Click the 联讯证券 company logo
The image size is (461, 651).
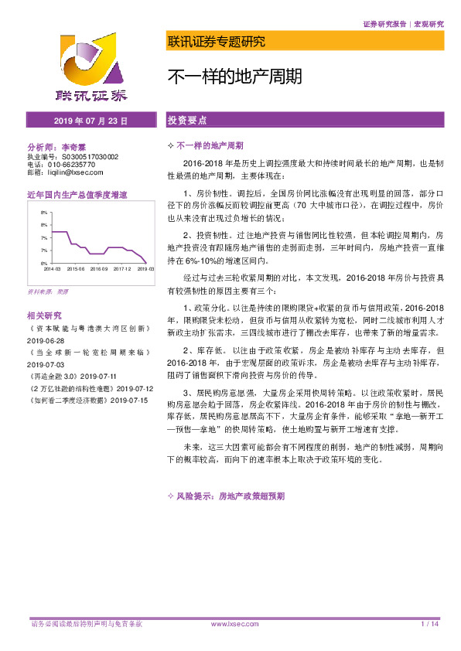tap(91, 69)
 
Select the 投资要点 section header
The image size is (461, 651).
tap(187, 121)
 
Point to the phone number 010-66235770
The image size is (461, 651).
tap(71, 164)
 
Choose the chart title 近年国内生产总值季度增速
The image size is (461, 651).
tap(77, 196)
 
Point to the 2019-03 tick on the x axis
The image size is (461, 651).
tap(145, 269)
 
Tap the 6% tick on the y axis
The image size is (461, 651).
tap(45, 263)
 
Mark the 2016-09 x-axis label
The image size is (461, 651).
tap(98, 269)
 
